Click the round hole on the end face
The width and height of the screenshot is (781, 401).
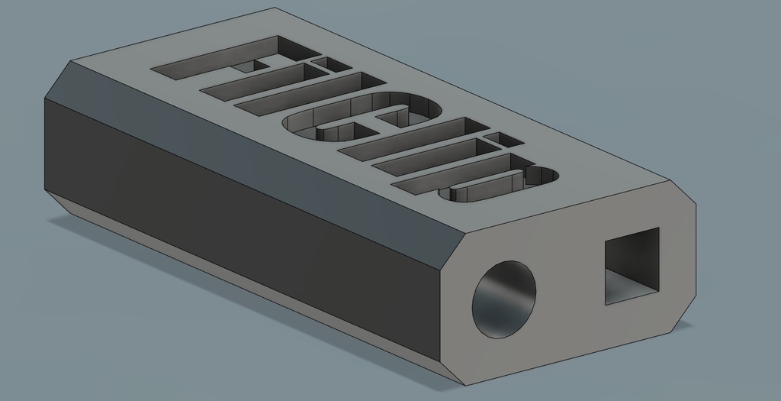tap(503, 299)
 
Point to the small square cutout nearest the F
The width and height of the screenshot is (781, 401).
tap(330, 63)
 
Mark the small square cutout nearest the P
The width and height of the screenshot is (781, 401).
tap(502, 139)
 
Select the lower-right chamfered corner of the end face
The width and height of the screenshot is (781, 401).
tap(684, 313)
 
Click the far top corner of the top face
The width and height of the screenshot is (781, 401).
tap(275, 8)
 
